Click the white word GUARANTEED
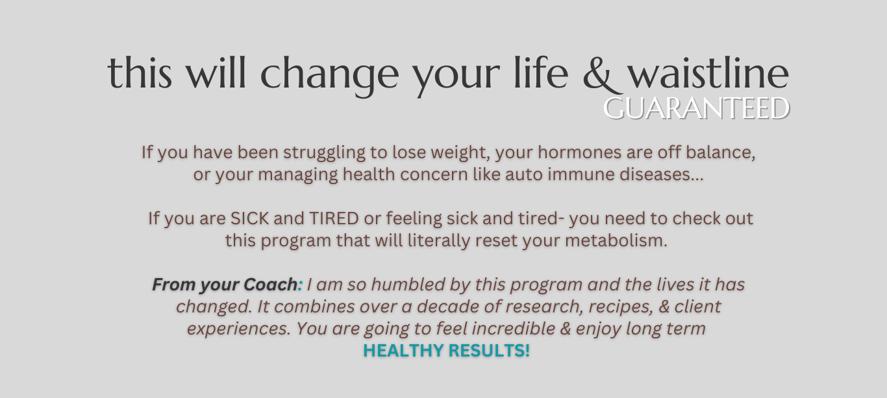(x=697, y=108)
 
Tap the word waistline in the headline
(x=709, y=73)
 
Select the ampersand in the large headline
(x=598, y=75)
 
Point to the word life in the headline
(x=541, y=73)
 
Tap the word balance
(x=721, y=152)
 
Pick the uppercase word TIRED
(x=334, y=218)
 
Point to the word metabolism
(x=616, y=240)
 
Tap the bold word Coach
(x=270, y=285)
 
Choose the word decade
(x=444, y=307)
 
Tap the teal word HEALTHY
(x=403, y=351)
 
